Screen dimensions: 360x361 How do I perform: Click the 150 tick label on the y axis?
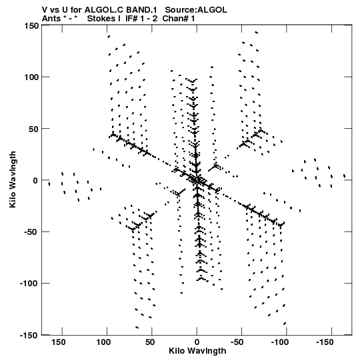point(31,26)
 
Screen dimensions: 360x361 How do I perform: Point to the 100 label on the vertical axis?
point(31,77)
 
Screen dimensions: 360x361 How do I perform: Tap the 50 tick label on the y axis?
point(34,129)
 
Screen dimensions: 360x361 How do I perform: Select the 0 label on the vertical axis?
point(35,180)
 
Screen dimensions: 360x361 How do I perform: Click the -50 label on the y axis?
point(31,232)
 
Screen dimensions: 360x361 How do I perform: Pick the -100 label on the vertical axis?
point(29,284)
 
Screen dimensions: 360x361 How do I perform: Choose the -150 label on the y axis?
point(29,336)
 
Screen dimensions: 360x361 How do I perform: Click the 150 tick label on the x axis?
point(59,342)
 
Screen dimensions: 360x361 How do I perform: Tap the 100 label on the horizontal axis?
point(103,342)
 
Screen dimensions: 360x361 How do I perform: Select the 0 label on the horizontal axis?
point(197,342)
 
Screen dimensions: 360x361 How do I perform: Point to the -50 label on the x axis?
point(237,342)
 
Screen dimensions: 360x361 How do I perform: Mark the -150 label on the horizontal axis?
point(325,342)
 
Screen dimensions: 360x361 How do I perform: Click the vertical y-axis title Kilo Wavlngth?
point(13,179)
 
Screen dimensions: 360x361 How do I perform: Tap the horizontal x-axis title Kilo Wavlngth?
point(197,351)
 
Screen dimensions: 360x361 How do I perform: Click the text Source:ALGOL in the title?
point(196,9)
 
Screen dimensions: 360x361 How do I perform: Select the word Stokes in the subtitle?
point(103,18)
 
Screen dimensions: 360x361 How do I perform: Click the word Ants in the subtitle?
point(51,18)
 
